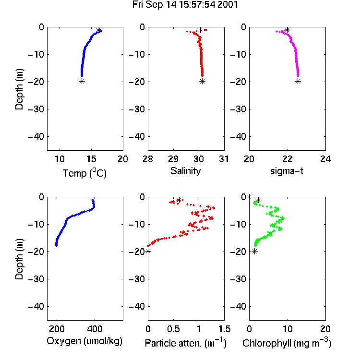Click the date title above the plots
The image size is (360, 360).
point(185,5)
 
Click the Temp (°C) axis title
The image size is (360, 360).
point(84,173)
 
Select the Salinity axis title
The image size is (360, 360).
point(185,171)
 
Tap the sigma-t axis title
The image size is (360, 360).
point(287,171)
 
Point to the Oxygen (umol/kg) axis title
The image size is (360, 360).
point(84,341)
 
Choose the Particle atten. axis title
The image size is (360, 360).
point(185,343)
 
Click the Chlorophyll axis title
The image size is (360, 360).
point(287,343)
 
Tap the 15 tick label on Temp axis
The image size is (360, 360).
point(91,159)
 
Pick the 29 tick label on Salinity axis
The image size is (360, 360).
point(173,159)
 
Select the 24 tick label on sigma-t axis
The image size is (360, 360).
point(325,159)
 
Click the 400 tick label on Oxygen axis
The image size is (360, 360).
point(95,329)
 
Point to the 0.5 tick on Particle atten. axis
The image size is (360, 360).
point(173,329)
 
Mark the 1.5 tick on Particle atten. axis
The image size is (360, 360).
point(224,329)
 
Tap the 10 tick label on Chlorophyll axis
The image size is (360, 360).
point(288,329)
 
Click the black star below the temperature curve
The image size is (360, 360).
point(82,82)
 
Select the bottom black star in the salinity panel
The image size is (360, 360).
point(202,82)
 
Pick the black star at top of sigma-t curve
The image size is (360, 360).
point(287,30)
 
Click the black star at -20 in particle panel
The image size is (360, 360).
point(148,252)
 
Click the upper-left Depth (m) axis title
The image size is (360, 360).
point(19,89)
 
